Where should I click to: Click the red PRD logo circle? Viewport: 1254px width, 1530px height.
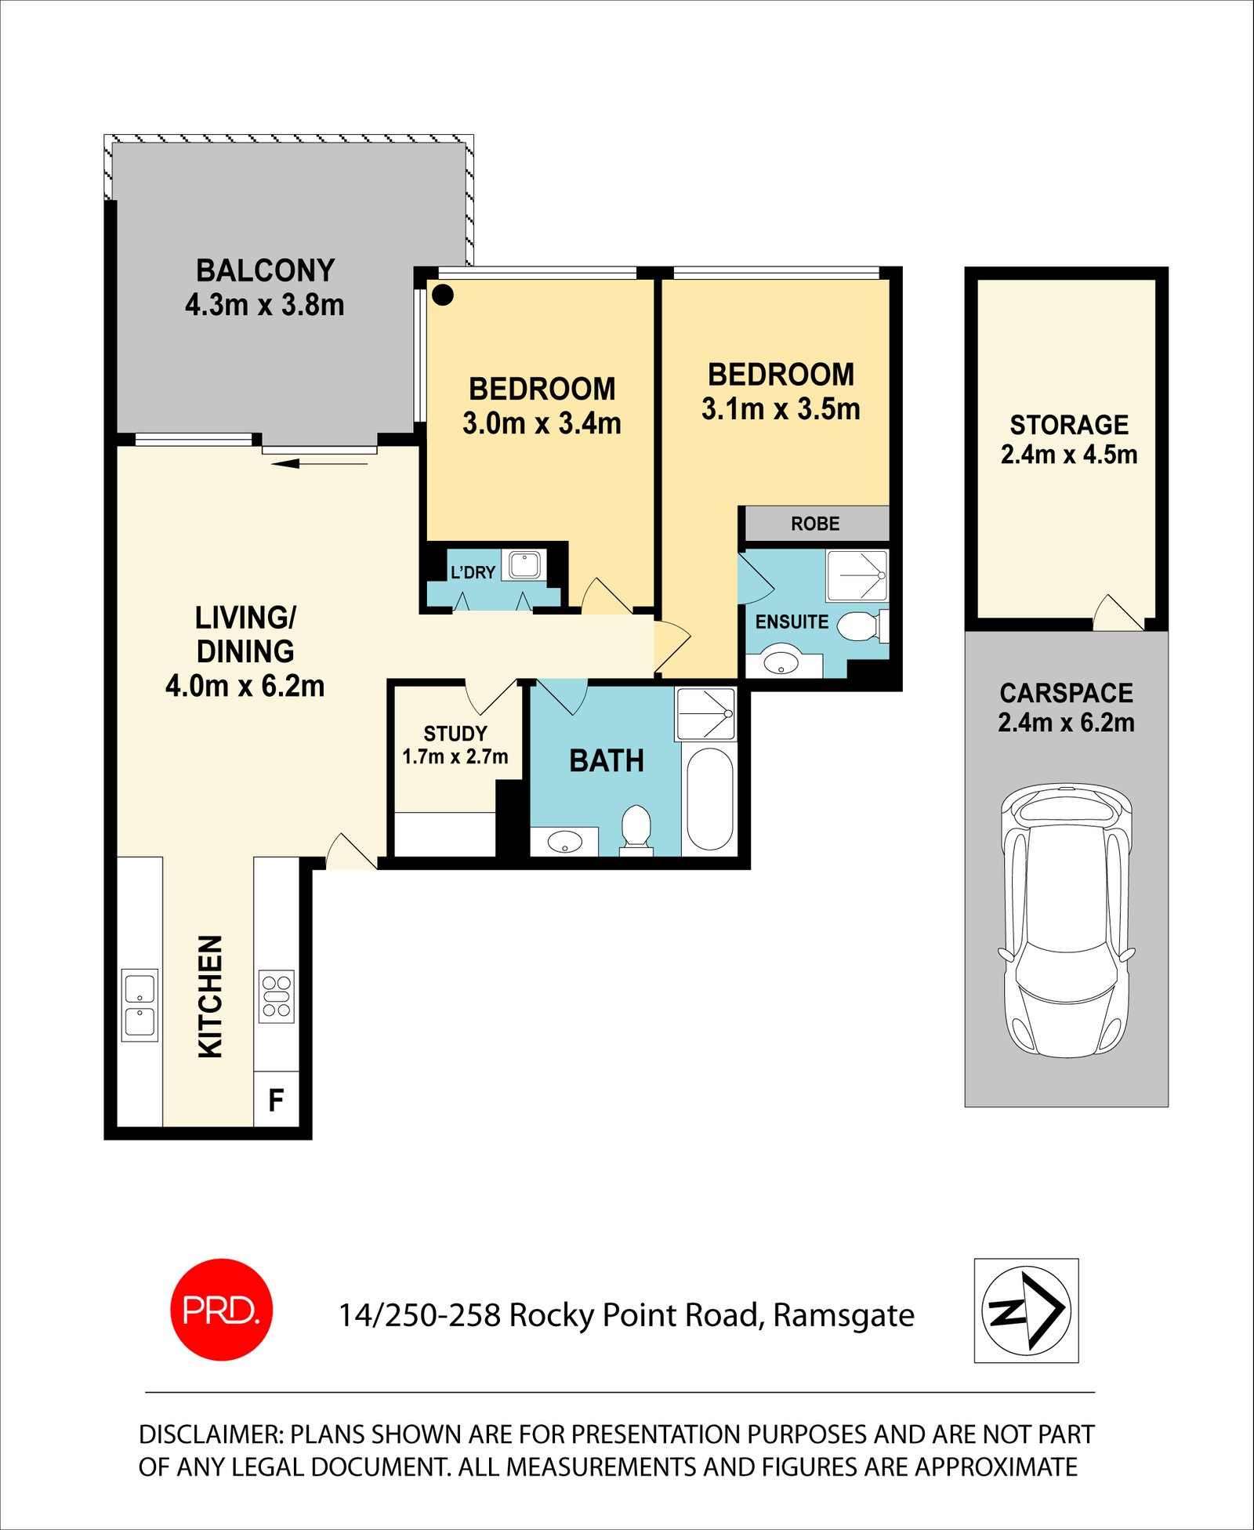pos(222,1310)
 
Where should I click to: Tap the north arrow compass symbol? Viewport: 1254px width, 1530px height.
pos(1026,1311)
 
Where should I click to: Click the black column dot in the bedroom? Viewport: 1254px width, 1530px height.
pos(443,295)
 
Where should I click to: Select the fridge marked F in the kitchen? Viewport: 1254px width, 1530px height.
pos(276,1100)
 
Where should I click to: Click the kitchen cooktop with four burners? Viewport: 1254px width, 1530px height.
pos(276,996)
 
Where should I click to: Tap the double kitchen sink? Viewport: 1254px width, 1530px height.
pos(140,1005)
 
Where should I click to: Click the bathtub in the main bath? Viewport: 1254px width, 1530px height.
pos(709,799)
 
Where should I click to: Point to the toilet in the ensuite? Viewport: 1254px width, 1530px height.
pos(860,626)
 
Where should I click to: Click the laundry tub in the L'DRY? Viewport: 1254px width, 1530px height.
pos(524,564)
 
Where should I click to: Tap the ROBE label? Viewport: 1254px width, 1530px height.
pos(815,524)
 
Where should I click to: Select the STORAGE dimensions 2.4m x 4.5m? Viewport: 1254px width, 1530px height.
pos(1068,455)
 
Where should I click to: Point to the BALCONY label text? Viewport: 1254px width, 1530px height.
pos(265,270)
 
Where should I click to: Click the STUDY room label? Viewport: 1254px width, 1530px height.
pos(455,734)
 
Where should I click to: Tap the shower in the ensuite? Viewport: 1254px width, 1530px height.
pos(857,575)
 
